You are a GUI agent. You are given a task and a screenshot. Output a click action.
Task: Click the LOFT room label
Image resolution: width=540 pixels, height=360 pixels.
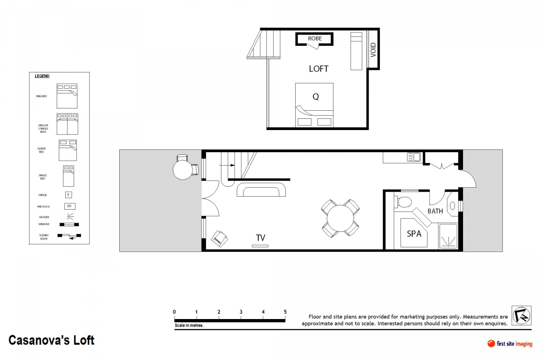click(319, 69)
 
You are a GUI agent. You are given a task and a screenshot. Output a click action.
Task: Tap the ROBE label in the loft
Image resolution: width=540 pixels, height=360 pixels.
click(315, 39)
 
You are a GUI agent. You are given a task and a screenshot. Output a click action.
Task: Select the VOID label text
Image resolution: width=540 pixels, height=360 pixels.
click(373, 49)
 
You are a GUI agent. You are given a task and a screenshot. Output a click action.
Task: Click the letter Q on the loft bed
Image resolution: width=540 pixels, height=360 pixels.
click(315, 96)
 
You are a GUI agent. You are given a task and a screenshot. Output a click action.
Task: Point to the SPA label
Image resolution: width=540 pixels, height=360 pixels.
click(414, 233)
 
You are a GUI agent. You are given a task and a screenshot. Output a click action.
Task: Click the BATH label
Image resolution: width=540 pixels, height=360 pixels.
click(435, 211)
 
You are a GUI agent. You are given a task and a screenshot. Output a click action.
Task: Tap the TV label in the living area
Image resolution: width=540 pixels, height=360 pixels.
click(261, 238)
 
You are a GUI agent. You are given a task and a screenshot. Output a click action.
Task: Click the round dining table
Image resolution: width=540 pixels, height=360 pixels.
click(341, 219)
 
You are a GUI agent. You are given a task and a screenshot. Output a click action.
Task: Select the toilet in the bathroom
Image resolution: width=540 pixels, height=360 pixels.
click(404, 202)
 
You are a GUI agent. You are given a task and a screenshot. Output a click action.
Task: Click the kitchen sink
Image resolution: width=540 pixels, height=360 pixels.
click(414, 157)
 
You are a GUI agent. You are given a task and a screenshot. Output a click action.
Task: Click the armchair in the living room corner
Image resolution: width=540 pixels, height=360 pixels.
click(220, 238)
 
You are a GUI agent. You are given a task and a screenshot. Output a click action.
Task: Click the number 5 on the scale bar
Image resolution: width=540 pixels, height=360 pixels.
click(285, 312)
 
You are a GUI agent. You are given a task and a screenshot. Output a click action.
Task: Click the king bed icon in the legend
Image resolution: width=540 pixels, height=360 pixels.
click(67, 96)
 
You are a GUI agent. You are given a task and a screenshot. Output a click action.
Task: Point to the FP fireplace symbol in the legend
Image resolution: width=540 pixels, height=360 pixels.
click(69, 207)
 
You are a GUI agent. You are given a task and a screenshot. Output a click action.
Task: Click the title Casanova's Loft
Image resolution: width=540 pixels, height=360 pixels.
click(52, 340)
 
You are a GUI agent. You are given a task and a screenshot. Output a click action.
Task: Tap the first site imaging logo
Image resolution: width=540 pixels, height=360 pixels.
click(510, 344)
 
